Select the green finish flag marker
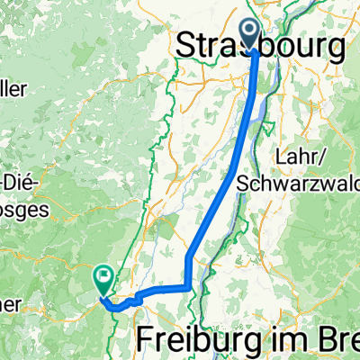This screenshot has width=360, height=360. point(103,282)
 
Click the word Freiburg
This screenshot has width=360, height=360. point(209,339)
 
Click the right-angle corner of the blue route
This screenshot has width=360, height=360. point(186,287)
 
